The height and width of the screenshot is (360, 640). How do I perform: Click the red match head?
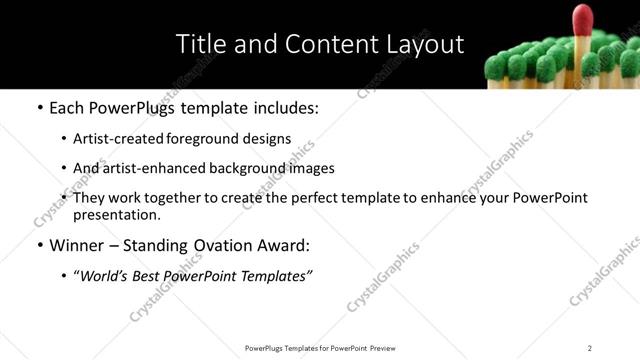[582, 17]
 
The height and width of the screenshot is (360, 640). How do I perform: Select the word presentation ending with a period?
[117, 215]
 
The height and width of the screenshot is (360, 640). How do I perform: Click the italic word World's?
[106, 276]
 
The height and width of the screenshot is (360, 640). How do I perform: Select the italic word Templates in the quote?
[277, 276]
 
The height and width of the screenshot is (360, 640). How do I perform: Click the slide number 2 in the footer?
[589, 348]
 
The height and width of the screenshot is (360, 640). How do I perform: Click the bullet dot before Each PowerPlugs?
[38, 108]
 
